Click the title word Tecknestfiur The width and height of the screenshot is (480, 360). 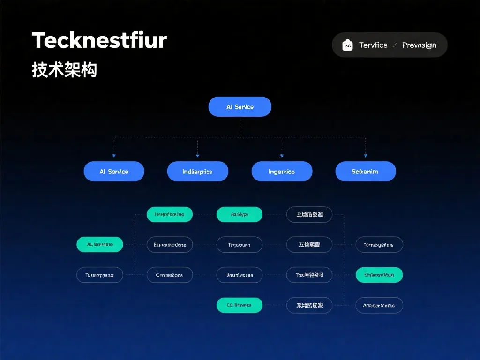(x=99, y=41)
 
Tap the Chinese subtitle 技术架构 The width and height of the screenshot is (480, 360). (x=64, y=70)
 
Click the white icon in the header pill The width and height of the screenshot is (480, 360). (x=347, y=45)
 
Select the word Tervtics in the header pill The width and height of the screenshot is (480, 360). (x=373, y=45)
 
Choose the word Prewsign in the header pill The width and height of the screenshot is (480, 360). (x=419, y=45)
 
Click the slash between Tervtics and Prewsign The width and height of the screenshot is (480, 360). (x=395, y=45)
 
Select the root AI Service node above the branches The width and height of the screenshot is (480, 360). (x=240, y=107)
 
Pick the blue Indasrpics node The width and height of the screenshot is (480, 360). (x=197, y=172)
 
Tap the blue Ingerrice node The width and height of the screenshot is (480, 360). (x=282, y=172)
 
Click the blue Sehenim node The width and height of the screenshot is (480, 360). (x=365, y=172)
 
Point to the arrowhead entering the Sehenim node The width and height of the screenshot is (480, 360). (x=366, y=156)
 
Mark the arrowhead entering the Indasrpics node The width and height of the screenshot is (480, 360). (x=197, y=156)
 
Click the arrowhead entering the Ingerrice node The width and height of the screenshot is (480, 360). (x=282, y=156)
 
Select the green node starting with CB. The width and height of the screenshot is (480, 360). (x=239, y=305)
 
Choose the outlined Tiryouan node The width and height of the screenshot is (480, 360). (x=239, y=245)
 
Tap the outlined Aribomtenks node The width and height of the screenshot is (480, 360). (x=379, y=306)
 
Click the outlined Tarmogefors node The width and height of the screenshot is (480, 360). (x=379, y=245)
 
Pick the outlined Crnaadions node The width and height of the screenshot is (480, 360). (x=169, y=275)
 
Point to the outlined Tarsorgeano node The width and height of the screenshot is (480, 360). (x=99, y=275)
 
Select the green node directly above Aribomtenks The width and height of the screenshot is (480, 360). (x=379, y=275)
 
